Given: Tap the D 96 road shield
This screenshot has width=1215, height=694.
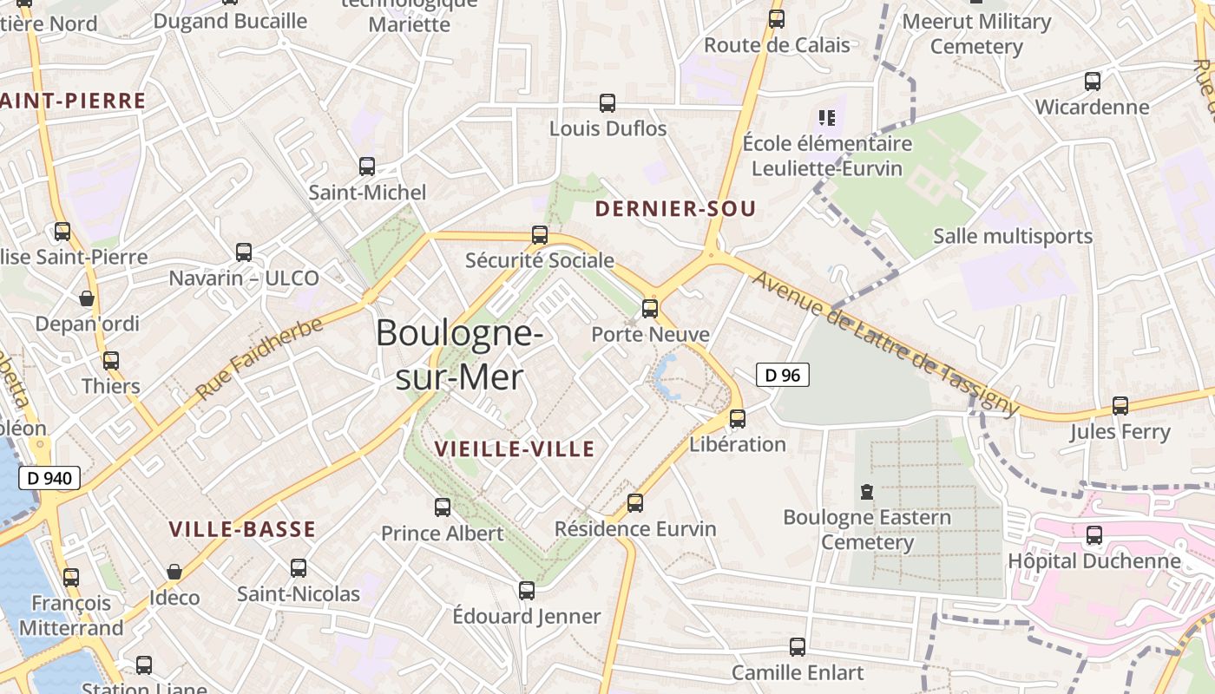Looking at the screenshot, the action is [783, 375].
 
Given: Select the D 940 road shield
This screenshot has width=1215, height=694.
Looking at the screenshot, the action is [49, 477].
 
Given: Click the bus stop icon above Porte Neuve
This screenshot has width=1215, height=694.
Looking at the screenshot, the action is [649, 308].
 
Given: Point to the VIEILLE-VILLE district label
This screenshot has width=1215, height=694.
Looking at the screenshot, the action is [515, 448].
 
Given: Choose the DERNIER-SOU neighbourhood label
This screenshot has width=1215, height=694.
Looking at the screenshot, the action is [675, 208].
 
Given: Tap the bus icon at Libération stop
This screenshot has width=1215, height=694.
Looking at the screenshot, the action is [737, 418].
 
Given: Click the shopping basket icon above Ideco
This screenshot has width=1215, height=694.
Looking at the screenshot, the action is [174, 572].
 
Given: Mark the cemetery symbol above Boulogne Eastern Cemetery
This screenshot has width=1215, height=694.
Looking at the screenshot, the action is [866, 492].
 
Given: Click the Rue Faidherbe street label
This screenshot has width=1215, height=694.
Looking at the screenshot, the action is [259, 358].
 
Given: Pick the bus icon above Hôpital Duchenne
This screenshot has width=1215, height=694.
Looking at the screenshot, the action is [1093, 534].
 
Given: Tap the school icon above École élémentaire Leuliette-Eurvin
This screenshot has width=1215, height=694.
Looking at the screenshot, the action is [826, 117].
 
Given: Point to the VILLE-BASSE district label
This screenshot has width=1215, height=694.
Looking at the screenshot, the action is [242, 529].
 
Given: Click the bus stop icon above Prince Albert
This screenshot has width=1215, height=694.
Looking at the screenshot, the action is [443, 507].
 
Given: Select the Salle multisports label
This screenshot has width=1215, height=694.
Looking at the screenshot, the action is [1012, 236].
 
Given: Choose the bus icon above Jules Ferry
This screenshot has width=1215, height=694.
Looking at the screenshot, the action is [1120, 405].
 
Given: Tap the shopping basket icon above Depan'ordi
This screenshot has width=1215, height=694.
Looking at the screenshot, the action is [87, 298].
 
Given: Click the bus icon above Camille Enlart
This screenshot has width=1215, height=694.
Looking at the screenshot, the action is [797, 646].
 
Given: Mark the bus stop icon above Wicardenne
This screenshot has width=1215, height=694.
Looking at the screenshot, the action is [1092, 82].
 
